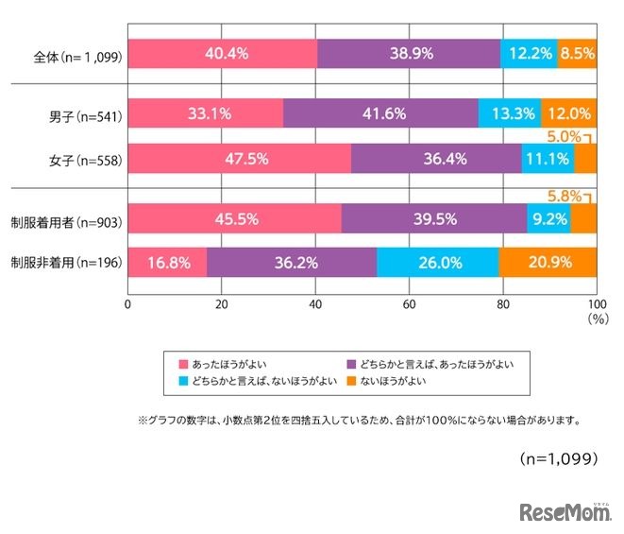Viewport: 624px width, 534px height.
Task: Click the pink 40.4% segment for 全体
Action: pos(223,54)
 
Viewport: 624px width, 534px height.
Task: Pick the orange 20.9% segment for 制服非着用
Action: pos(548,262)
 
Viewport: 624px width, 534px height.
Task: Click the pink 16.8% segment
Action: pos(167,262)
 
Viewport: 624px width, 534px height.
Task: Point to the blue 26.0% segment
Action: pos(437,262)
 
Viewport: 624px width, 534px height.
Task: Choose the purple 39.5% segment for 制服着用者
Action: pos(434,218)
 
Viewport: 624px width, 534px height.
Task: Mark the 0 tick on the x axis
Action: pos(127,305)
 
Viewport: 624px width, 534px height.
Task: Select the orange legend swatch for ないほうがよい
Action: pos(354,382)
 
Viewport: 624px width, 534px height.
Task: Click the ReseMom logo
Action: pos(565,511)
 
